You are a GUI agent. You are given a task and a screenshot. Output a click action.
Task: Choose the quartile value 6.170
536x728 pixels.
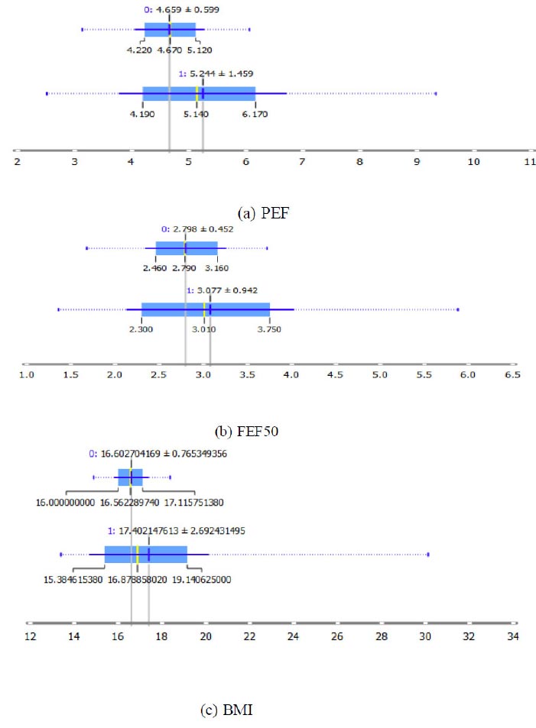click(255, 114)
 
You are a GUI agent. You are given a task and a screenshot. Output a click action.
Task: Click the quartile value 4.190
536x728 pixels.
click(143, 114)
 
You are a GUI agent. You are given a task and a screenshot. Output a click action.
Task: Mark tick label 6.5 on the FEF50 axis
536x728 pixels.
click(512, 376)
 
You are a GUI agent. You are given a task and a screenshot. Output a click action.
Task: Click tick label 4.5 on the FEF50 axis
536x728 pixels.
click(335, 376)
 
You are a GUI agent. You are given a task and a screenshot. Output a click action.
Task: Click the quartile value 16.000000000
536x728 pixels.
click(67, 503)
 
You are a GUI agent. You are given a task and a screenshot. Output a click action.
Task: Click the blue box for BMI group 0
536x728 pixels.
click(130, 477)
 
